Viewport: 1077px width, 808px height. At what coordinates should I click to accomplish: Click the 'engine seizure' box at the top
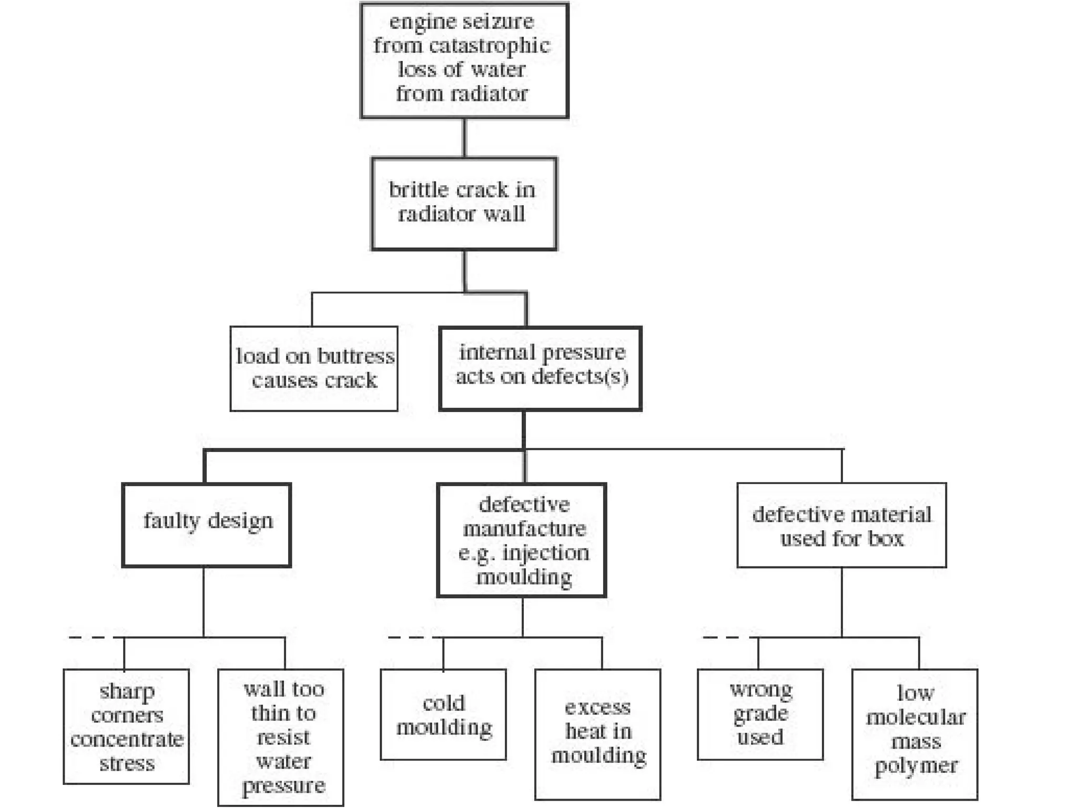click(464, 60)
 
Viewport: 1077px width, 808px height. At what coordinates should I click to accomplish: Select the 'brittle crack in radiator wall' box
click(464, 203)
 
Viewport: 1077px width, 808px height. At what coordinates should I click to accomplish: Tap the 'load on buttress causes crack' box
click(314, 368)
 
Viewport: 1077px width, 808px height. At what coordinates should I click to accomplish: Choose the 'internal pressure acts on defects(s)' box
click(540, 368)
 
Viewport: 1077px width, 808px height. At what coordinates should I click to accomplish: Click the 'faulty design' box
click(207, 524)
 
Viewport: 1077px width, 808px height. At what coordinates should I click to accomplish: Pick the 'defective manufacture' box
click(522, 540)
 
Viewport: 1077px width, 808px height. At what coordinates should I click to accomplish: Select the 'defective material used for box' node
click(841, 525)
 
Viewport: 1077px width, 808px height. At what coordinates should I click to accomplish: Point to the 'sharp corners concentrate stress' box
click(126, 726)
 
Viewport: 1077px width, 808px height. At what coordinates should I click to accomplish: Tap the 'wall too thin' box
click(281, 737)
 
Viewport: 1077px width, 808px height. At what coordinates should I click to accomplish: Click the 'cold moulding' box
click(443, 714)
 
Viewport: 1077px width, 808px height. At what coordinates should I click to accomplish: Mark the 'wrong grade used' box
click(760, 714)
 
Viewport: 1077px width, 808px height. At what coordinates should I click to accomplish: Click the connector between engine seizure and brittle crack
click(464, 138)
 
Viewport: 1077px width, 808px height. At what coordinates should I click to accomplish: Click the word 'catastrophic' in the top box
click(489, 46)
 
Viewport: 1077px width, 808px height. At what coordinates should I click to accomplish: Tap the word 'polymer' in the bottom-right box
click(916, 766)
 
